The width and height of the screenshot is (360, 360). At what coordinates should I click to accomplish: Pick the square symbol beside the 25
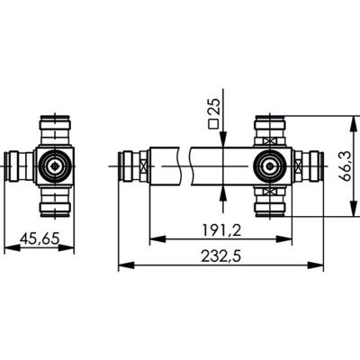pos(214,126)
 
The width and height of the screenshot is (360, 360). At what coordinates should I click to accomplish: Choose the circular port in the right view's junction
pos(269,166)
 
